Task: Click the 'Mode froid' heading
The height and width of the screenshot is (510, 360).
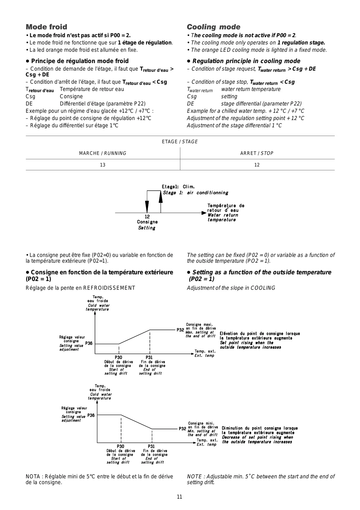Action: tap(46, 27)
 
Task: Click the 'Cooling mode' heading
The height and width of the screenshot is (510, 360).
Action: tap(213, 27)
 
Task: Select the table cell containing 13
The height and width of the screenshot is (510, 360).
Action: tap(102, 165)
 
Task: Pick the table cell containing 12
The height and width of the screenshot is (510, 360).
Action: tap(257, 165)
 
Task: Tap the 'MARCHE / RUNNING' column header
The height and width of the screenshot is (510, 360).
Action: tap(102, 153)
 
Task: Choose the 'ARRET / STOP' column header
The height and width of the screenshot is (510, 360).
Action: tap(257, 153)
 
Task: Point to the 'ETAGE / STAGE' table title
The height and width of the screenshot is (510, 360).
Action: tap(180, 142)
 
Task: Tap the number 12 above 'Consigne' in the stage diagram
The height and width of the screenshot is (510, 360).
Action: tap(147, 217)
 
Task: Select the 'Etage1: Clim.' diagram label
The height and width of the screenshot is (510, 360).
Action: tap(178, 187)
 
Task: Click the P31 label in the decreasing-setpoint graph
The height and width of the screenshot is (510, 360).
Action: tap(151, 446)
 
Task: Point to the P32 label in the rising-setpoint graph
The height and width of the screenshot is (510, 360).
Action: tap(180, 330)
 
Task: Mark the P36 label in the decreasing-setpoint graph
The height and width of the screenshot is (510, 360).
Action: tap(91, 415)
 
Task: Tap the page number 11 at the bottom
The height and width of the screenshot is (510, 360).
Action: tap(180, 497)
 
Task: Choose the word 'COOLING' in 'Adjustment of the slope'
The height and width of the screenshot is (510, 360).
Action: tap(263, 288)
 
